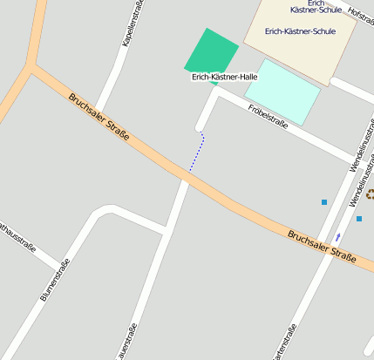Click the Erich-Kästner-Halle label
click(224, 78)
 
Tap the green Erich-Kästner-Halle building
click(211, 52)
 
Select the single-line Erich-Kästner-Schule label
click(300, 31)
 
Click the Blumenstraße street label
click(55, 281)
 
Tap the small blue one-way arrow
click(338, 236)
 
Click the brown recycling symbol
click(370, 194)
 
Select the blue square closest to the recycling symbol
click(358, 219)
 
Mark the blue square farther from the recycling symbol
click(324, 202)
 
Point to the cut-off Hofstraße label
click(360, 15)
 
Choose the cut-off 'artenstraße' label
click(286, 343)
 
